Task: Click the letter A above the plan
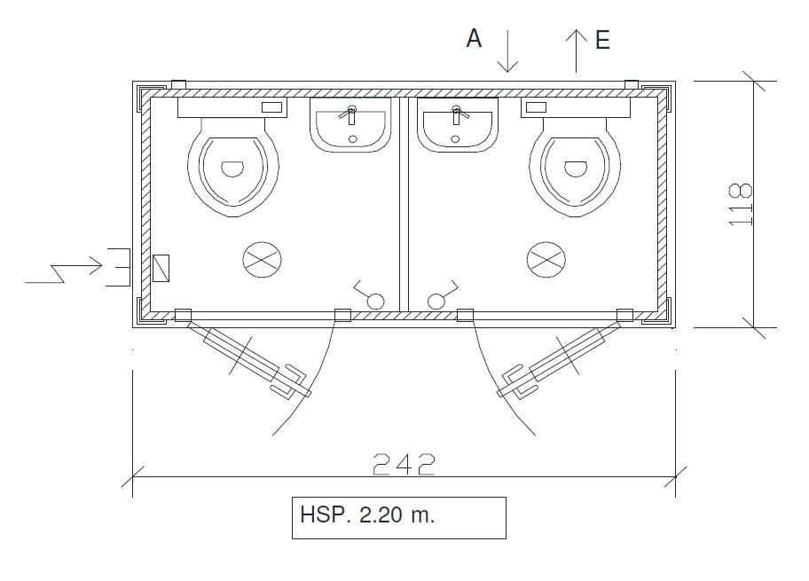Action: [x=475, y=39]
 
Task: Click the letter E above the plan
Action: [x=602, y=40]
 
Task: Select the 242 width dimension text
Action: [x=404, y=464]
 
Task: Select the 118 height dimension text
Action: [x=741, y=204]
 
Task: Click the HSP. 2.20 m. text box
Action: [x=398, y=517]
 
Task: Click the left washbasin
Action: [x=351, y=126]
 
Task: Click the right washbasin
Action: [x=458, y=126]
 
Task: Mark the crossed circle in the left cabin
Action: [x=263, y=259]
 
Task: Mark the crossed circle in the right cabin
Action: [x=547, y=259]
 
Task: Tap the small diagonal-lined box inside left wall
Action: [x=161, y=267]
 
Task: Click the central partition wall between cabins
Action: [x=404, y=204]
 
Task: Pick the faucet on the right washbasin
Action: [x=458, y=114]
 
